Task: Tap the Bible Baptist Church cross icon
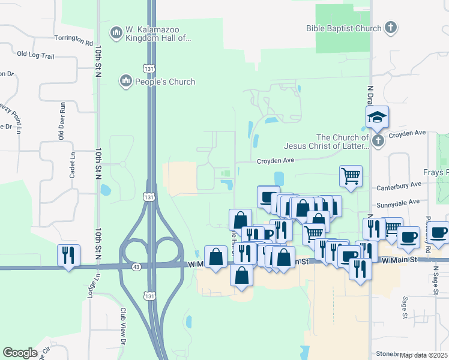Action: [x=391, y=28]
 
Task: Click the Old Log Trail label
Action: [x=36, y=55]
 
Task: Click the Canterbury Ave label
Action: [x=400, y=188]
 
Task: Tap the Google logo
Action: [x=20, y=353]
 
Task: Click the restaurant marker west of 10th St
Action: [x=68, y=255]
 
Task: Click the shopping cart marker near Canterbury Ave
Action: [x=351, y=176]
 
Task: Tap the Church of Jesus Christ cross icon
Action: [x=378, y=142]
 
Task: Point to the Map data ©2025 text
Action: [x=424, y=355]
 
